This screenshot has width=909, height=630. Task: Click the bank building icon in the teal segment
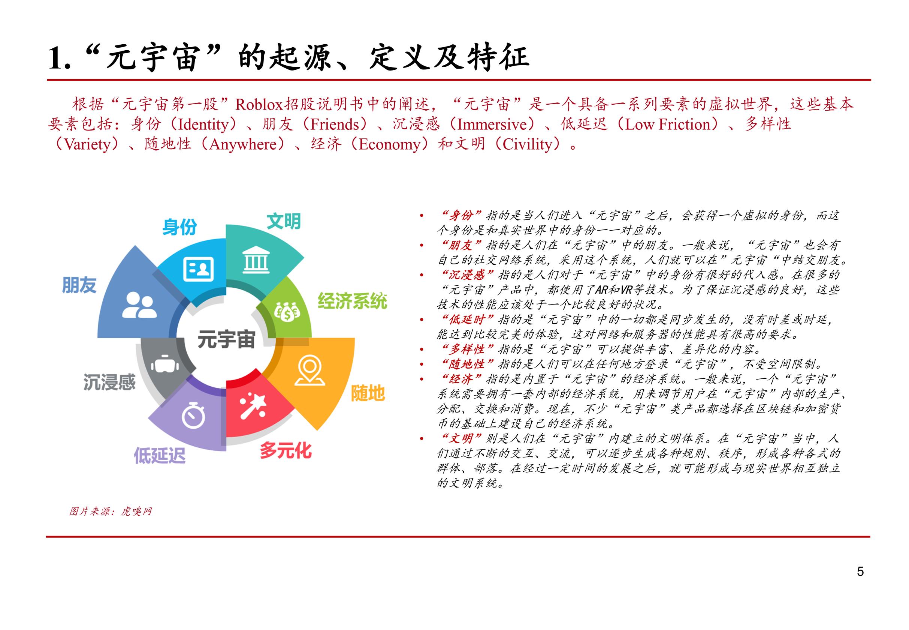[256, 260]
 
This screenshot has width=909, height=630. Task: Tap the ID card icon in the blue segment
[198, 269]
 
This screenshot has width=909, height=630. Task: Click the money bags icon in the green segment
[287, 312]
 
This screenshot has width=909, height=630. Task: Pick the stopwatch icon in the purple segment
[193, 415]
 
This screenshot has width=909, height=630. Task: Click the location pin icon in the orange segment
[310, 370]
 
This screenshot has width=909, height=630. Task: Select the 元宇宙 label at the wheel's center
[226, 339]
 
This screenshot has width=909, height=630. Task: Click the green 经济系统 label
[352, 301]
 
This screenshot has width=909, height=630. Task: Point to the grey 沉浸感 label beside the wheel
[109, 382]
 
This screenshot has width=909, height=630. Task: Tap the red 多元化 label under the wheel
[286, 450]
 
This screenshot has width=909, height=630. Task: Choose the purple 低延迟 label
[160, 455]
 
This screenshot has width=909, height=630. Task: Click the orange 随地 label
[368, 393]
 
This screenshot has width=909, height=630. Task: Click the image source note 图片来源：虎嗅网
[111, 511]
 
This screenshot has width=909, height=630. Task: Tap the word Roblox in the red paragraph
[259, 104]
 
